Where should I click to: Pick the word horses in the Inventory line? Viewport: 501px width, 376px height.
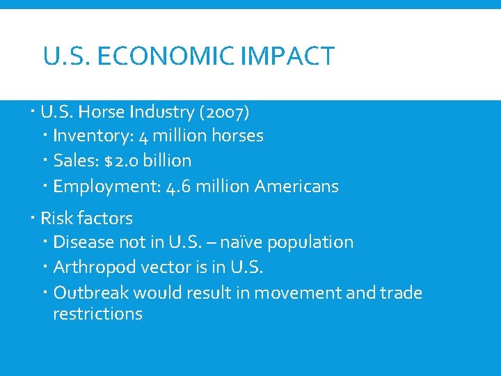click(237, 136)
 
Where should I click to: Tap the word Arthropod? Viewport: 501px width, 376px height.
click(87, 267)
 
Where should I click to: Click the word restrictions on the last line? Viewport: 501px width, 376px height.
click(97, 314)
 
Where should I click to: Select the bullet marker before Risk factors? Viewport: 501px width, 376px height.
click(34, 219)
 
